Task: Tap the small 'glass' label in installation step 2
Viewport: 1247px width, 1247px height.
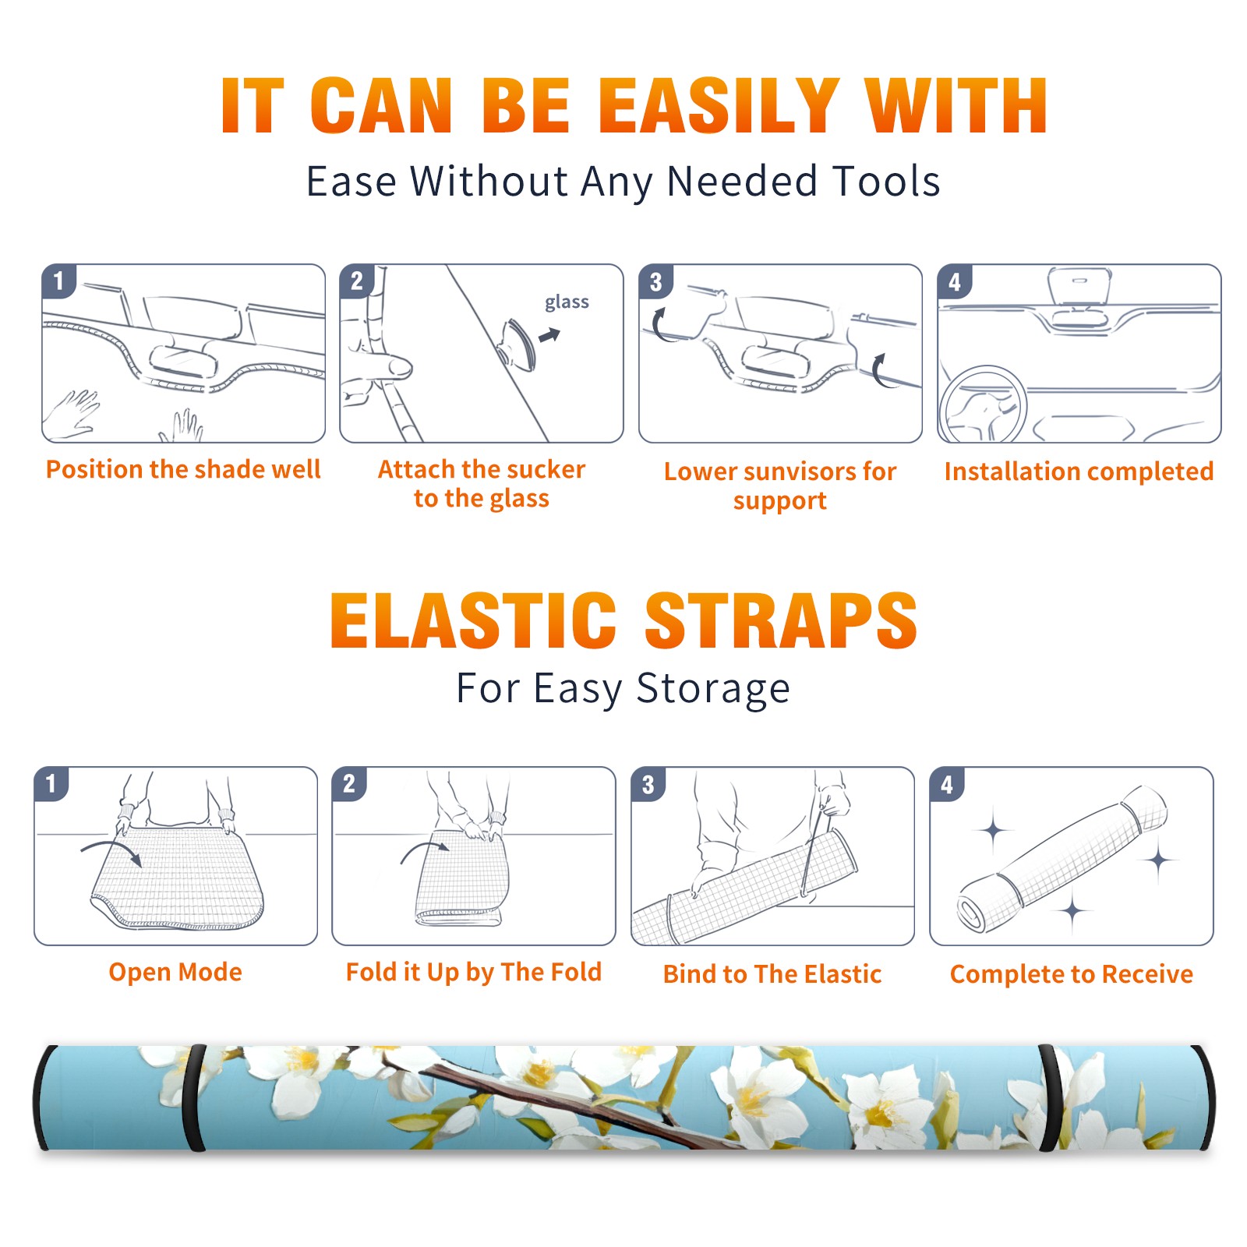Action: (567, 302)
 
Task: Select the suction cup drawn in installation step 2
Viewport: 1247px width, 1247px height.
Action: (518, 344)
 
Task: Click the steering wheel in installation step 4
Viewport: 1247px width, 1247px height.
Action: (983, 404)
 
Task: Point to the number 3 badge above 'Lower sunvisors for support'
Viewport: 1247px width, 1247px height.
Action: (655, 282)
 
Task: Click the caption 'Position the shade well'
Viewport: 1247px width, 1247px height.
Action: (183, 469)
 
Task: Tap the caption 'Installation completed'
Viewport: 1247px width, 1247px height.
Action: (1079, 472)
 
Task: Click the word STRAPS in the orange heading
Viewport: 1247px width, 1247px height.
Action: (781, 620)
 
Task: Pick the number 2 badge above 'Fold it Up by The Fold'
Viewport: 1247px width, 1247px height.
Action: (349, 783)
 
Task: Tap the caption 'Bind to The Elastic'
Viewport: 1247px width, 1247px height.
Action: (772, 974)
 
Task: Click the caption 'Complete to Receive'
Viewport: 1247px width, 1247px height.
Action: (1072, 974)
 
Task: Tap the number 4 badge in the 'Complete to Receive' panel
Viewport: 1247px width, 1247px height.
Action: (947, 784)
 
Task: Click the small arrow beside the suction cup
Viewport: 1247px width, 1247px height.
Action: (549, 335)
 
